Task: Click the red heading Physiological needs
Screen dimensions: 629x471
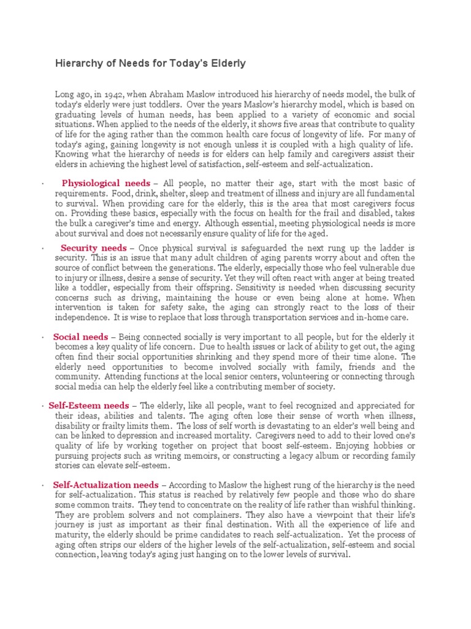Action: (105, 183)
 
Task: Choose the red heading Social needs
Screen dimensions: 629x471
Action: (80, 337)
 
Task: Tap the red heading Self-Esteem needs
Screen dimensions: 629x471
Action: (89, 405)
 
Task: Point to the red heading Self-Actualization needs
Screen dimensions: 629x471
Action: (105, 485)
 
